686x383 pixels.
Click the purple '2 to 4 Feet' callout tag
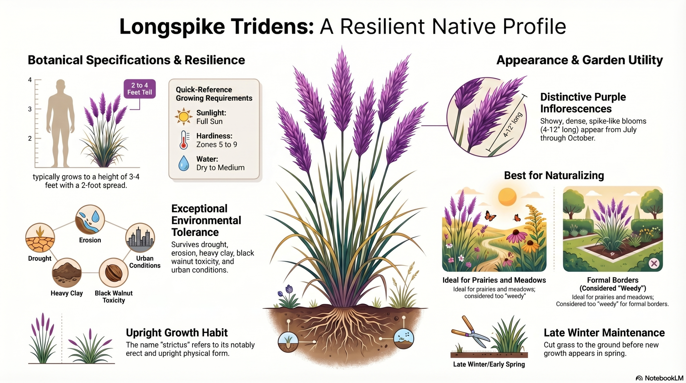140,89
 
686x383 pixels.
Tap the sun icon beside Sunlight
184,117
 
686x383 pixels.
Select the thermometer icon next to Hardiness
184,140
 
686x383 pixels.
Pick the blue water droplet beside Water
184,163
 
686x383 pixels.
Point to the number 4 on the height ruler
30,80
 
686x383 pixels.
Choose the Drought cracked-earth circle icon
40,238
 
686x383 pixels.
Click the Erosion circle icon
90,220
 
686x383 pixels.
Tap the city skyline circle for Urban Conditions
140,238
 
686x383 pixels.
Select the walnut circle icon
114,273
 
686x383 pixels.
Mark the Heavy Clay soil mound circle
67,273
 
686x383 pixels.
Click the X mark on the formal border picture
654,263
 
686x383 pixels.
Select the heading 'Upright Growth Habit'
177,333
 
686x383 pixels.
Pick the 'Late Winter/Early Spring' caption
489,364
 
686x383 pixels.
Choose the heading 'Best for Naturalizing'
554,176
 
